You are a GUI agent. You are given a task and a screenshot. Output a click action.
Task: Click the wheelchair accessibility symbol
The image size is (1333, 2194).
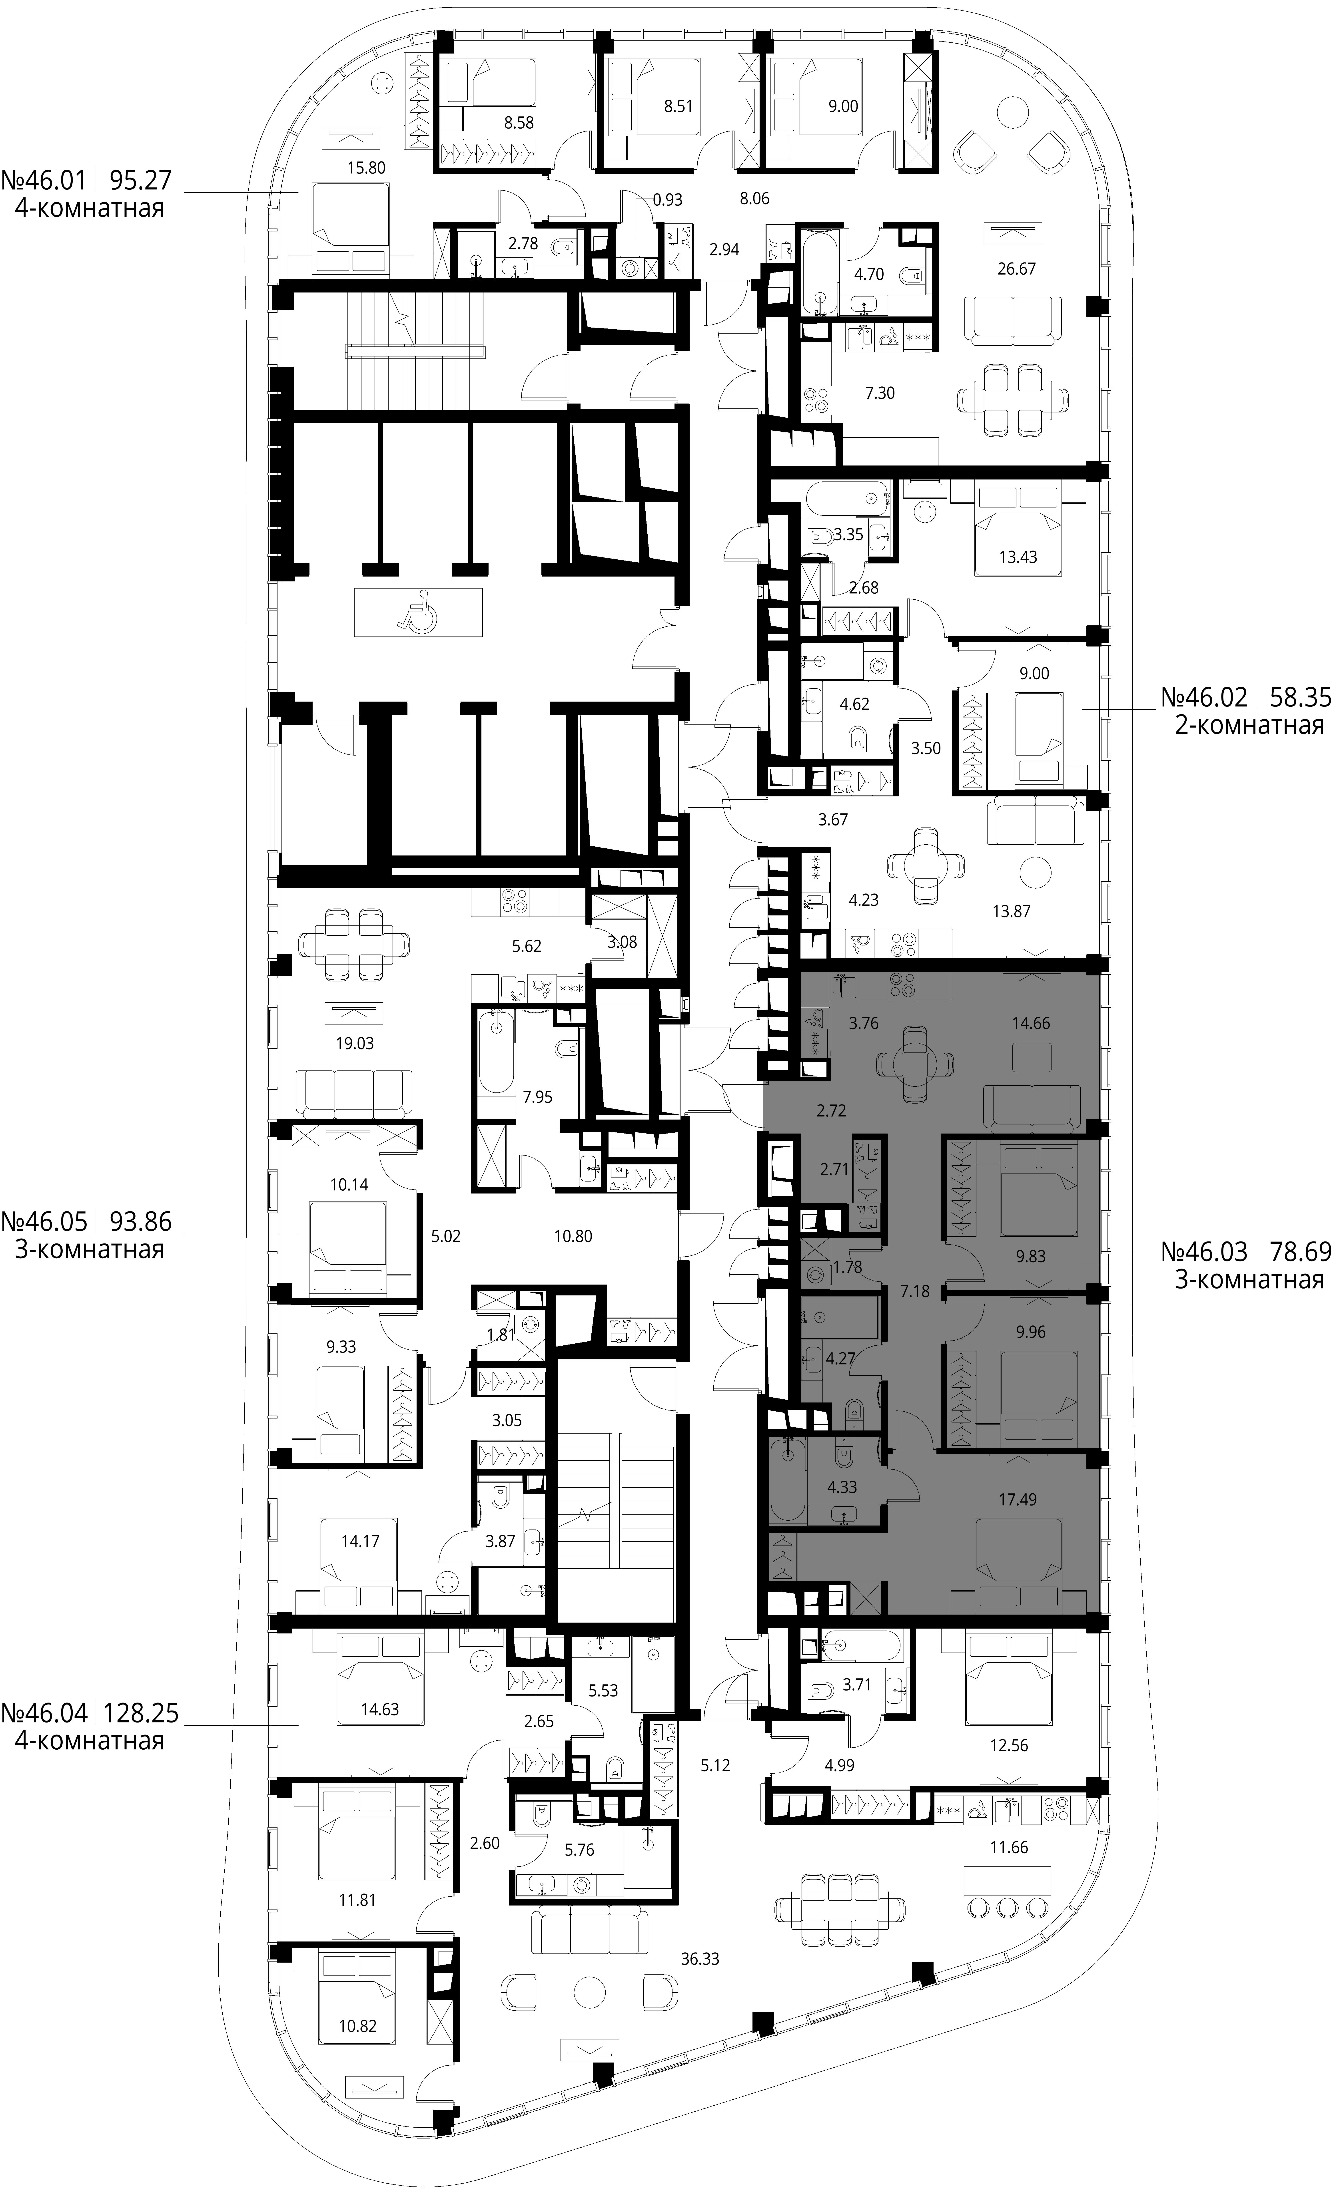click(418, 612)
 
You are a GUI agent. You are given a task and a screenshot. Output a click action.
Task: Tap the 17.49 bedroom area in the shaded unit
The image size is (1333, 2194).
click(1017, 1500)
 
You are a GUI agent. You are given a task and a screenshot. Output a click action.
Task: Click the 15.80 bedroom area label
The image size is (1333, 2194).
click(366, 167)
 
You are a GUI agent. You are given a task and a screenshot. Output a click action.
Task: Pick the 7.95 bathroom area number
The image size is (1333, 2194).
click(538, 1097)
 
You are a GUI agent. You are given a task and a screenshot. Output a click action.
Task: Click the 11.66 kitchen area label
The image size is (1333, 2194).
click(1009, 1847)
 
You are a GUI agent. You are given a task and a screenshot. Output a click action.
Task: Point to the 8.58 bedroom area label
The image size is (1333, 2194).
click(519, 123)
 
